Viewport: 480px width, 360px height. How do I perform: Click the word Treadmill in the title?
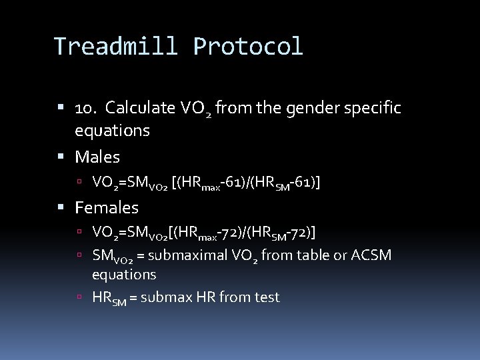tap(117, 47)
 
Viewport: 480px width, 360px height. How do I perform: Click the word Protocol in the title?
tap(248, 47)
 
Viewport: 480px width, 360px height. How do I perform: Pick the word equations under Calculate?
tap(112, 131)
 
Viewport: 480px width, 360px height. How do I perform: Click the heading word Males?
tap(97, 157)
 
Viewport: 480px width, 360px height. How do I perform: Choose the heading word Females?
tap(107, 207)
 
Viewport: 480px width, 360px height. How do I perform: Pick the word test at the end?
tap(266, 297)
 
